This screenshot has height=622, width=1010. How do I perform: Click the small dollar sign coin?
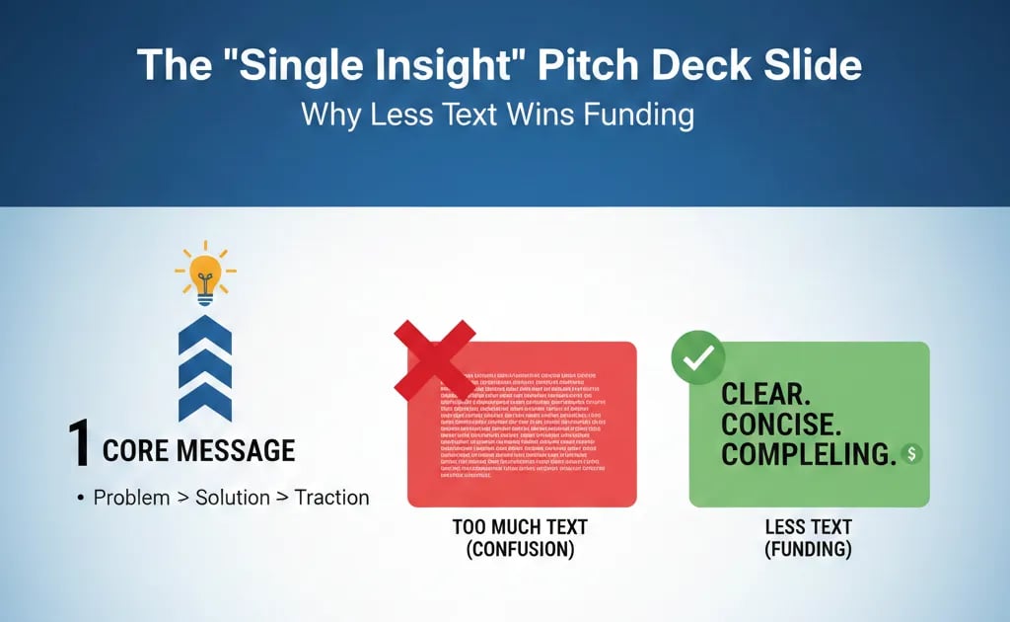911,453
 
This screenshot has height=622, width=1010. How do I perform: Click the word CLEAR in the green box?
765,394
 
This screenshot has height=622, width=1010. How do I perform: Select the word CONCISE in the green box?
785,424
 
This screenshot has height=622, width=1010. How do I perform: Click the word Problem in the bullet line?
131,497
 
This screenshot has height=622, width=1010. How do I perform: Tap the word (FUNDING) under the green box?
808,549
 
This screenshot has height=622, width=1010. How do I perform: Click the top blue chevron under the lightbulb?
205,339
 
